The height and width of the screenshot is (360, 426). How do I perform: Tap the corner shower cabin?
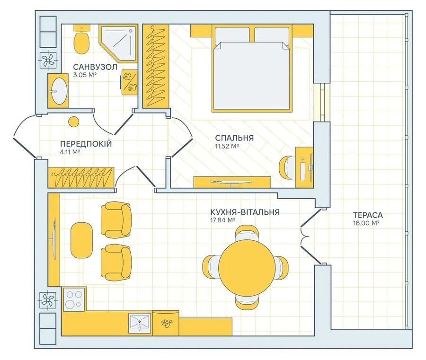click(118, 44)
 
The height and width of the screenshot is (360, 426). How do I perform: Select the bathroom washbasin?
click(58, 91)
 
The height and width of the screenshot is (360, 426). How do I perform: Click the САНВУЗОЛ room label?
click(95, 67)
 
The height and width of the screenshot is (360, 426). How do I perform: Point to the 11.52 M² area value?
click(227, 146)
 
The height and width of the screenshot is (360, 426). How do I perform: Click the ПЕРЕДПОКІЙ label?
click(86, 144)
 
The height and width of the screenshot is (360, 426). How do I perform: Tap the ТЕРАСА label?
click(368, 215)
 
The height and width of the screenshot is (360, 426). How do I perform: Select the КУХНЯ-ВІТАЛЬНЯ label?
click(245, 212)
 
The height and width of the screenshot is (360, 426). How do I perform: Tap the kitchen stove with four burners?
click(74, 299)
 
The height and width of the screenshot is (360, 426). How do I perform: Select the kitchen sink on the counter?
click(140, 324)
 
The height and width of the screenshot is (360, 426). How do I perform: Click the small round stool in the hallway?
click(73, 122)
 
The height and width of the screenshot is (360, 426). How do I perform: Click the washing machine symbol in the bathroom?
click(129, 82)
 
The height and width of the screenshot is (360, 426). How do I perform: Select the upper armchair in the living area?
click(116, 220)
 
